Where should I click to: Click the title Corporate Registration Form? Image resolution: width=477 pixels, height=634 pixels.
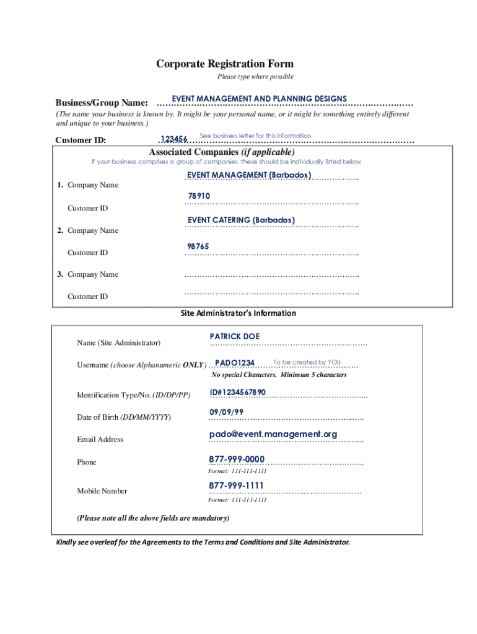[224, 64]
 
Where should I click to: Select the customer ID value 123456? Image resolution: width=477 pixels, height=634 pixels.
[173, 139]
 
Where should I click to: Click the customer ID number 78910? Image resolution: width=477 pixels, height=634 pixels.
[199, 196]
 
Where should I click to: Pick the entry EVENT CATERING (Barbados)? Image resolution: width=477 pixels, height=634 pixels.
[241, 220]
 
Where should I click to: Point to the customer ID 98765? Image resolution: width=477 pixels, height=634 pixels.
[198, 246]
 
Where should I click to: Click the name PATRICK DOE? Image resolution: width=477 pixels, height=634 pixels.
[235, 336]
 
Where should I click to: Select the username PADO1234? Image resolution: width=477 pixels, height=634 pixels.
[235, 363]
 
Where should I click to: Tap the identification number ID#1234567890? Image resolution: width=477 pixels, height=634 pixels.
[237, 393]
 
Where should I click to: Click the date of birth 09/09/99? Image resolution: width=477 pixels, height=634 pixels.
[226, 412]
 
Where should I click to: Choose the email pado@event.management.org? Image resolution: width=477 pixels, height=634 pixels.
[273, 434]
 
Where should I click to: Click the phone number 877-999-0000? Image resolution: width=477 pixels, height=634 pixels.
[237, 459]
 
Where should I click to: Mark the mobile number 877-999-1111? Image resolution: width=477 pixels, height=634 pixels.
[236, 485]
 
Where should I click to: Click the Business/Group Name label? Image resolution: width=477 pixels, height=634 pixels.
[102, 102]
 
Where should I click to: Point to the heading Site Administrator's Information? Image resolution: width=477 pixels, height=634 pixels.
[238, 313]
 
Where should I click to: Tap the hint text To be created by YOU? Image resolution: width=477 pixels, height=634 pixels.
[307, 362]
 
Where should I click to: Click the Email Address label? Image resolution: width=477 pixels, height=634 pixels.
[100, 440]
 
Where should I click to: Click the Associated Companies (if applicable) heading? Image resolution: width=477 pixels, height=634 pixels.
[222, 152]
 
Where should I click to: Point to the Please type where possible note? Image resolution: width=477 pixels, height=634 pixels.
[255, 77]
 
